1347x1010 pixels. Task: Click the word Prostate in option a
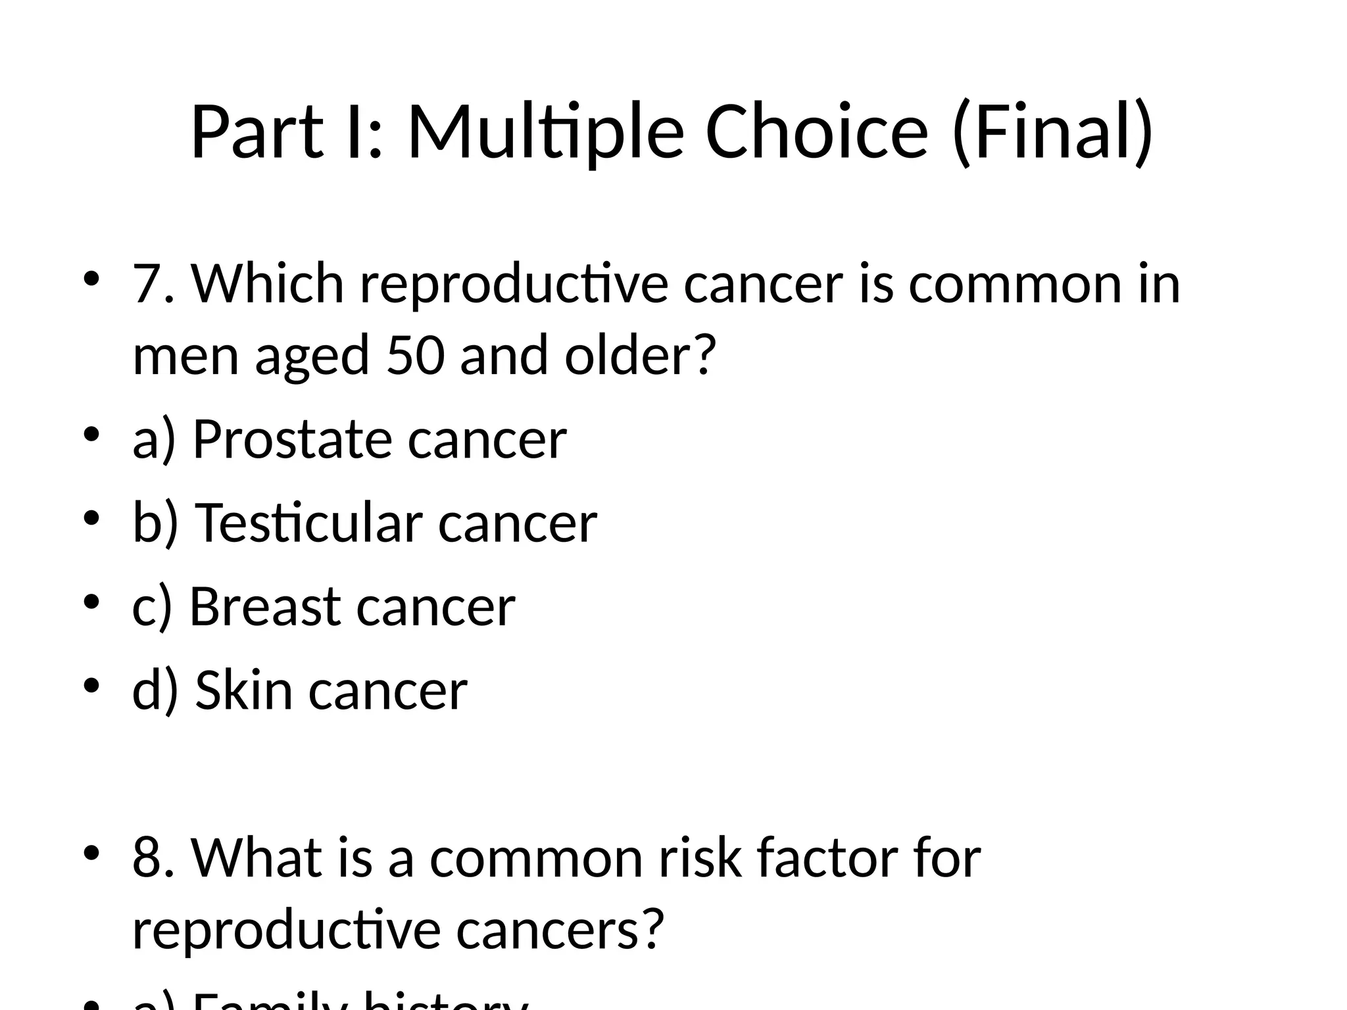click(x=291, y=439)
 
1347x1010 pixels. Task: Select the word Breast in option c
click(x=264, y=606)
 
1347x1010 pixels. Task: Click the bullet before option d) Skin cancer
click(x=91, y=685)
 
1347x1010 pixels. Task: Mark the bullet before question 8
click(x=91, y=853)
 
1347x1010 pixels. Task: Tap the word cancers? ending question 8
click(x=559, y=930)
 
